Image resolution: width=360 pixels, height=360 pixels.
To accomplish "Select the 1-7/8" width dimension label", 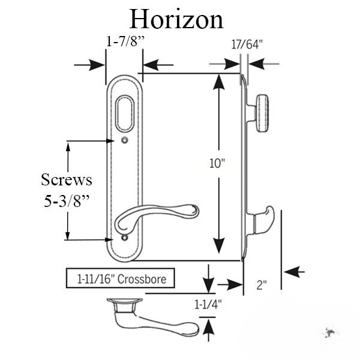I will tap(124, 43).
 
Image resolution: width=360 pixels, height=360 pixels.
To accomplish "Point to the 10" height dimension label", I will tap(226, 164).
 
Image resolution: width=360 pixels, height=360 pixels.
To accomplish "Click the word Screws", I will tap(66, 179).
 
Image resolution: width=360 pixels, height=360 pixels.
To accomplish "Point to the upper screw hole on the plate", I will tap(124, 141).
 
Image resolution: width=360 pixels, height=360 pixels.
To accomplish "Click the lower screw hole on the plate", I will tap(124, 239).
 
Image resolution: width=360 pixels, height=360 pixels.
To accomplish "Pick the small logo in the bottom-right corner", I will tap(329, 332).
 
